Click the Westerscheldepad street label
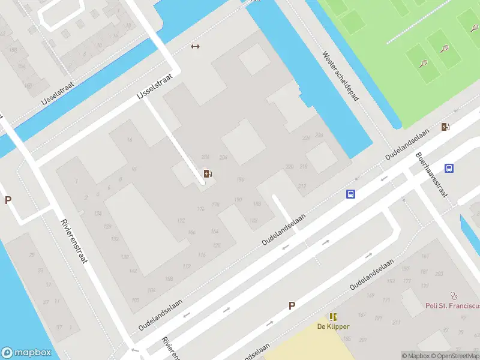pos(340,76)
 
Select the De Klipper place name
pos(333,326)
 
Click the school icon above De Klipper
pos(333,316)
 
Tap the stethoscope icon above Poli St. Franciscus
pos(454,296)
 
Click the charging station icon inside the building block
pos(208,174)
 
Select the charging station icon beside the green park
pos(446,127)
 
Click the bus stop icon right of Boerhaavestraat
pos(449,168)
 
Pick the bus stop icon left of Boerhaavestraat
pos(351,194)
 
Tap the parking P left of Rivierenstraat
pos(8,200)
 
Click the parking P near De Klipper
pos(292,305)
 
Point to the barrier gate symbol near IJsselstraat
pos(194,46)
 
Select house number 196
pos(240,180)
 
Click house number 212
pos(302,186)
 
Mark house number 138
pos(125,257)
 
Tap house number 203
pos(439,274)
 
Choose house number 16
pos(130,140)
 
